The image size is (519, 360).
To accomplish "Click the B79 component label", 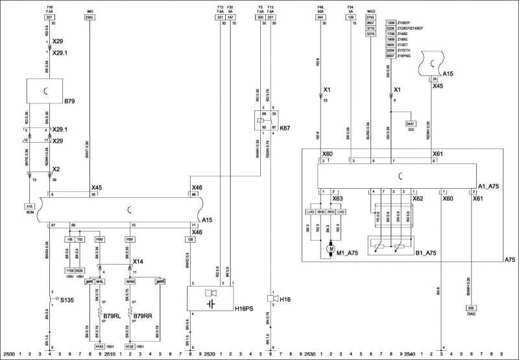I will point(70,101).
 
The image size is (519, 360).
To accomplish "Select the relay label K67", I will point(285,128).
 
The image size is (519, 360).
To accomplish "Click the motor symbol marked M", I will point(330,248).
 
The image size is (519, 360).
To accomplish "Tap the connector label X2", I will point(57,168).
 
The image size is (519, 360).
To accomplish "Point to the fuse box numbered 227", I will point(50,18).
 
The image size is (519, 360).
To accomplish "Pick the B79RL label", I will point(111,316).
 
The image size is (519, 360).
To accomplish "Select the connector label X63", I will point(337,198).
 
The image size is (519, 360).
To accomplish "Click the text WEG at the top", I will point(370,11).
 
